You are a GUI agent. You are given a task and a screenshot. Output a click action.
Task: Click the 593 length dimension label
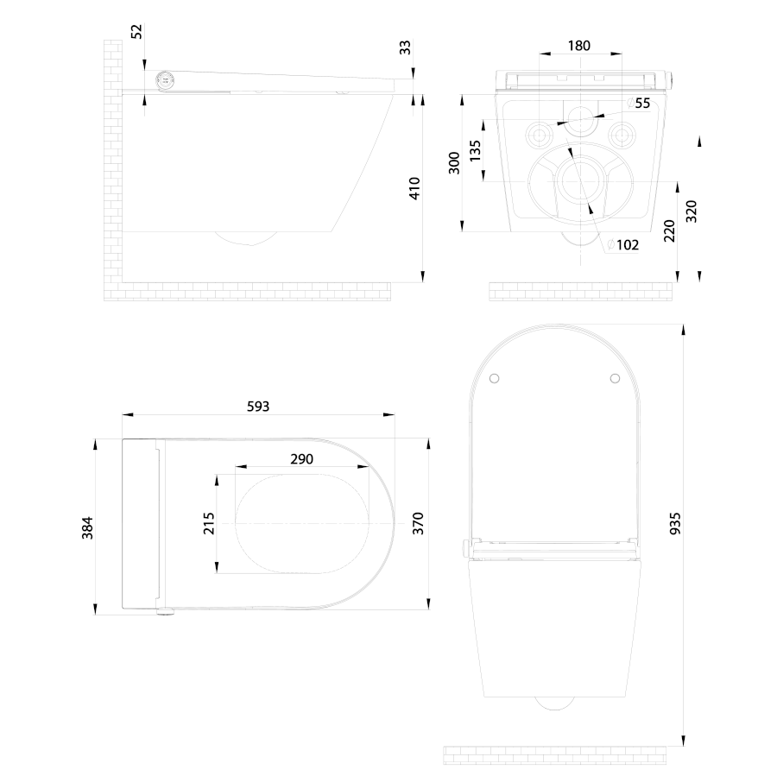[257, 407]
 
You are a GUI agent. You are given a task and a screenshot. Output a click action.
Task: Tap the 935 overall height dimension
[675, 524]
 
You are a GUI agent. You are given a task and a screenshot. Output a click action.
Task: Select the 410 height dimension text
[414, 188]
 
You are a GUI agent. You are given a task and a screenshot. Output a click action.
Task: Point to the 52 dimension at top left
[136, 31]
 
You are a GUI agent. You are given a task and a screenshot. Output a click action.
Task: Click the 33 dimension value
[406, 47]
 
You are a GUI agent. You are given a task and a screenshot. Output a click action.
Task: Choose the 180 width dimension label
[578, 46]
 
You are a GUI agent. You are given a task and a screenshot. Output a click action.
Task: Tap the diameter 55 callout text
[639, 103]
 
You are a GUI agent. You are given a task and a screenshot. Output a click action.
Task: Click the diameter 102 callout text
[623, 245]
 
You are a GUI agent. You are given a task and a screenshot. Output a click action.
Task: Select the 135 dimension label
[475, 151]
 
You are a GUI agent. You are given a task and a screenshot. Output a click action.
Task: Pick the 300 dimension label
[454, 162]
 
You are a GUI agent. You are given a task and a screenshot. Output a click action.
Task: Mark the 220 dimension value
[669, 231]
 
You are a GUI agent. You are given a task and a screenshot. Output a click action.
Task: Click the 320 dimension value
[692, 211]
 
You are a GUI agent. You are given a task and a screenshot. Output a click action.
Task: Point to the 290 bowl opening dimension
[302, 459]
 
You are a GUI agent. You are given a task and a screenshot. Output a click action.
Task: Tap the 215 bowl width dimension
[209, 523]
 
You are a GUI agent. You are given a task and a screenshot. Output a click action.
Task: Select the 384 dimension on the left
[87, 527]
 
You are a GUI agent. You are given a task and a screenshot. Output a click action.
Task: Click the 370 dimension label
[418, 524]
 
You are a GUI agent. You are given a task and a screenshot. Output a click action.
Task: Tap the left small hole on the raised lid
[494, 379]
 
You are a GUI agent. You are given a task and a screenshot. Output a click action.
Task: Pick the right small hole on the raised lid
[615, 379]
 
